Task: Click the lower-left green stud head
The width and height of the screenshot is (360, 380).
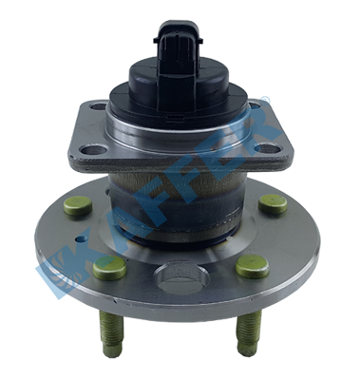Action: click(110, 266)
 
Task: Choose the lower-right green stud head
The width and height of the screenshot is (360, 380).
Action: click(253, 267)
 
